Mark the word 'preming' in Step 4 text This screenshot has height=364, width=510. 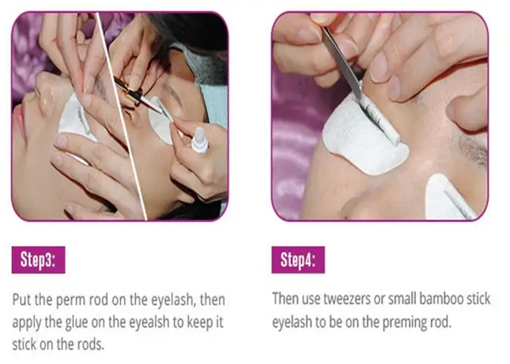(x=406, y=320)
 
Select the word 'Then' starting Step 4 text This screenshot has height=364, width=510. (x=286, y=298)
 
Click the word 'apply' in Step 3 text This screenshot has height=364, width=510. (x=28, y=320)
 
